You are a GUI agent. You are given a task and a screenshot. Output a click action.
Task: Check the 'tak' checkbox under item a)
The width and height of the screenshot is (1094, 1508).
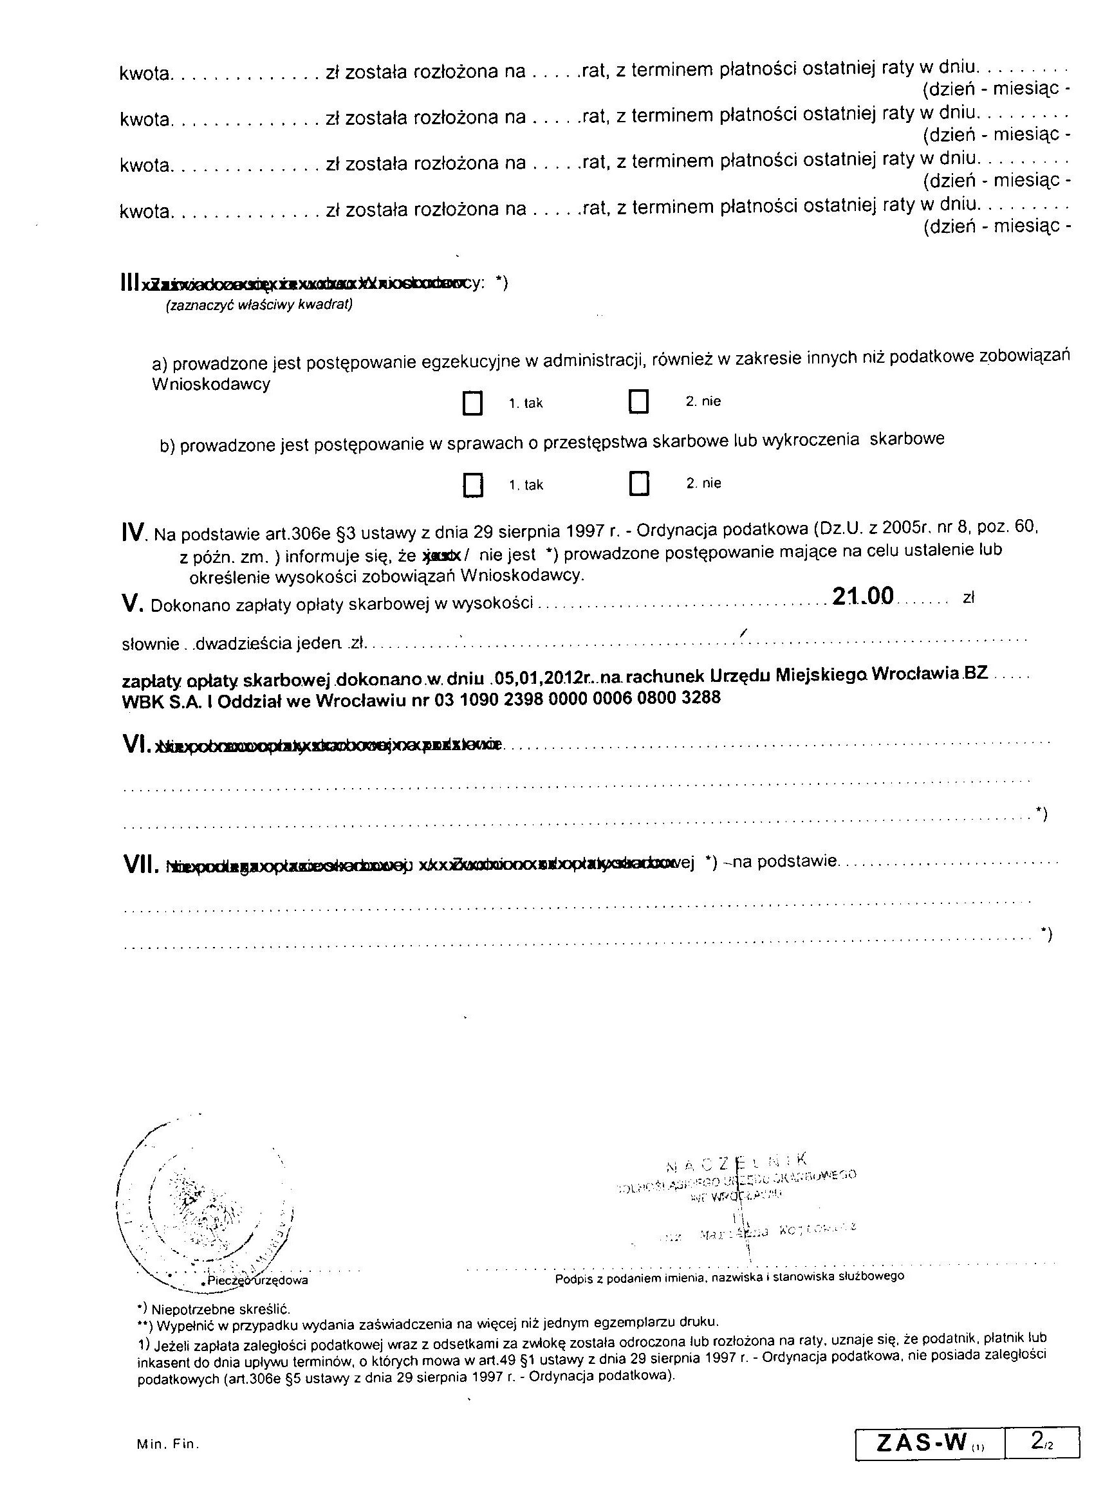(x=472, y=403)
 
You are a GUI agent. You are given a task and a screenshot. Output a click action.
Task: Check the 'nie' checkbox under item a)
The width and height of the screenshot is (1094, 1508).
(x=638, y=401)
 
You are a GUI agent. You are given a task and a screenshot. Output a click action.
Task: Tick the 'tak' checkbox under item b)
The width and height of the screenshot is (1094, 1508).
(x=472, y=484)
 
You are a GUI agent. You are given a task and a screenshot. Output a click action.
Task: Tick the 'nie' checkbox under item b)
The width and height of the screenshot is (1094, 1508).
(x=638, y=483)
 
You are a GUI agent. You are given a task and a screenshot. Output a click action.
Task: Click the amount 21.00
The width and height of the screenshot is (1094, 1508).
(x=862, y=596)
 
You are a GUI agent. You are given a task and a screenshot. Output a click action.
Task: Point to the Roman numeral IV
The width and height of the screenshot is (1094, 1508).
(x=134, y=533)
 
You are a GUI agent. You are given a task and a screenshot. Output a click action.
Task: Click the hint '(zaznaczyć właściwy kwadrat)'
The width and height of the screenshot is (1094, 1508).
(x=259, y=305)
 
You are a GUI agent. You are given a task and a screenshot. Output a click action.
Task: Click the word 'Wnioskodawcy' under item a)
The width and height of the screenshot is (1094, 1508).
(x=211, y=384)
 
